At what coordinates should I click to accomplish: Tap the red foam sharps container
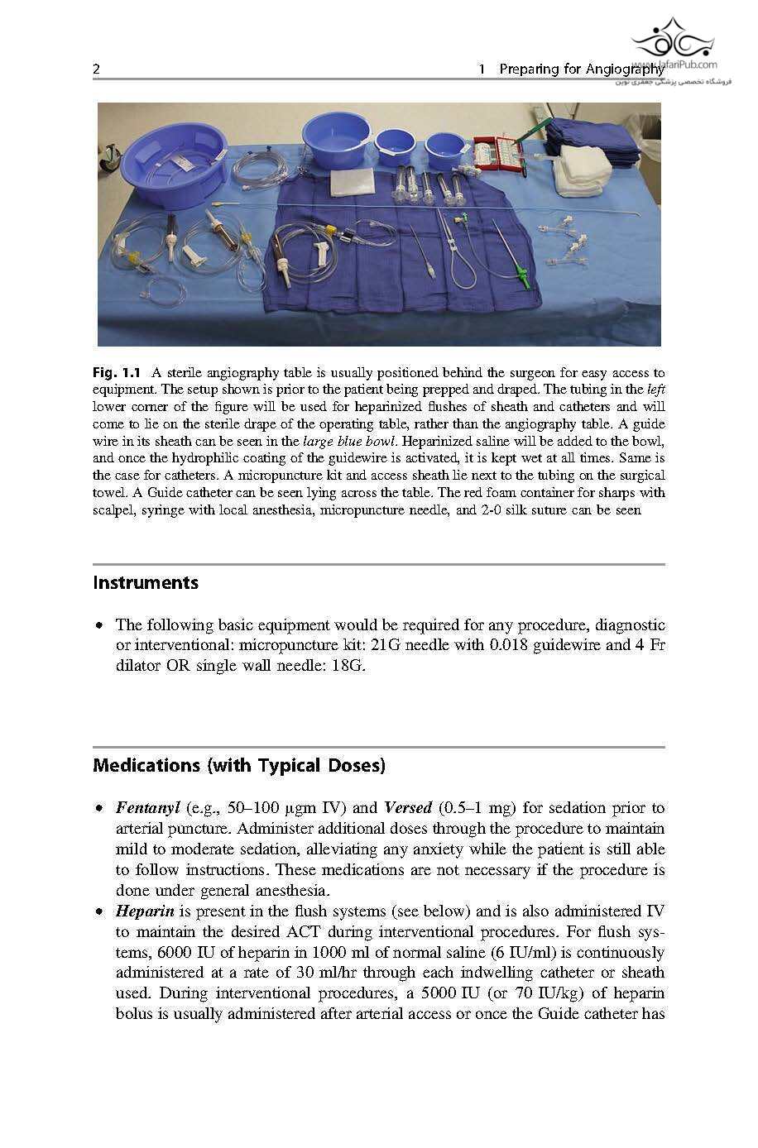click(x=496, y=155)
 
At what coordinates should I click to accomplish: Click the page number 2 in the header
click(x=96, y=69)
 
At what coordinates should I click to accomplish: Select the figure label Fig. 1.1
click(x=117, y=373)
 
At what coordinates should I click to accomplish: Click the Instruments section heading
click(x=146, y=583)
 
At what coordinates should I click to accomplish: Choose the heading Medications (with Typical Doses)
click(x=238, y=766)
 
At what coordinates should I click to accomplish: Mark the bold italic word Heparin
click(x=145, y=911)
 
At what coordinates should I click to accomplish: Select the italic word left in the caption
click(x=655, y=390)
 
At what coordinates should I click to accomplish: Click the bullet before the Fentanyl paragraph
click(x=100, y=809)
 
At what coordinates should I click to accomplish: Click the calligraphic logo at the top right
click(x=672, y=40)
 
